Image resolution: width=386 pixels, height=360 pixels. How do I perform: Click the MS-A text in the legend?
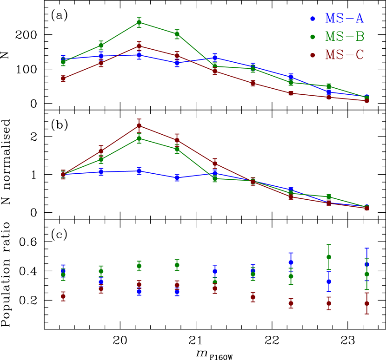coord(344,19)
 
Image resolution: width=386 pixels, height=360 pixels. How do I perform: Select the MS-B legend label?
coord(345,37)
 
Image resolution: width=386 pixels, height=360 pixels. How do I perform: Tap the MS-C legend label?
coord(345,55)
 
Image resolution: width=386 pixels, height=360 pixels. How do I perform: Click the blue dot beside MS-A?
coord(313,19)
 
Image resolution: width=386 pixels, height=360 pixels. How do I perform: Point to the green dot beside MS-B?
coord(313,37)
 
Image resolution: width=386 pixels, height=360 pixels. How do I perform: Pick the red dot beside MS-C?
coord(313,55)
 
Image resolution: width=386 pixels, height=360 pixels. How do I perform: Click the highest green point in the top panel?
coord(139,22)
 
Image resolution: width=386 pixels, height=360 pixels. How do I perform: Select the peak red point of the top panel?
coord(139,46)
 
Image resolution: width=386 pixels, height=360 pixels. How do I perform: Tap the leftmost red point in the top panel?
coord(63,79)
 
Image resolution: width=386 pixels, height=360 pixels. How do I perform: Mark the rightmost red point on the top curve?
coord(367,100)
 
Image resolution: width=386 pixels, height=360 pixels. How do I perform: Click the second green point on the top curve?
coord(101,46)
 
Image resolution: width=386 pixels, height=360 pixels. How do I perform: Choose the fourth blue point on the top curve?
coord(177,63)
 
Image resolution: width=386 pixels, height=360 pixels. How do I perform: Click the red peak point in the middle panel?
coord(139,125)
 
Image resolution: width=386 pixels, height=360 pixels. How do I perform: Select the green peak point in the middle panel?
coord(139,138)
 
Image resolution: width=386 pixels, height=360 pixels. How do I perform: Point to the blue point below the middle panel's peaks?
coord(139,171)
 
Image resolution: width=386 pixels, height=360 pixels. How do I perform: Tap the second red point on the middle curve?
coord(101,151)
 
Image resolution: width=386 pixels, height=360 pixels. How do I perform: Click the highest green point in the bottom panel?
coord(329,257)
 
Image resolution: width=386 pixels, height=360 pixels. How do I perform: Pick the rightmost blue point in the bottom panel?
coord(367,264)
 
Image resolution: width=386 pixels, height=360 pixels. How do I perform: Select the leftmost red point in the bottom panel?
coord(63,296)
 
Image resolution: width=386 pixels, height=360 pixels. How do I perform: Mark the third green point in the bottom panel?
coord(139,266)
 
